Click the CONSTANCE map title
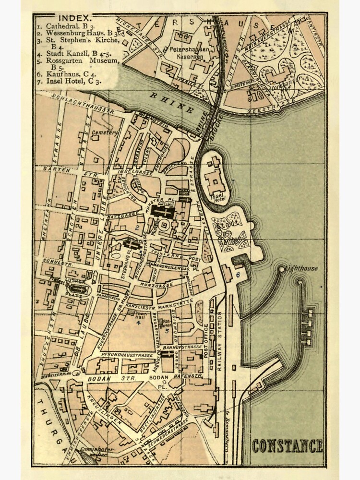[288, 446]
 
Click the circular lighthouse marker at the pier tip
[282, 270]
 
